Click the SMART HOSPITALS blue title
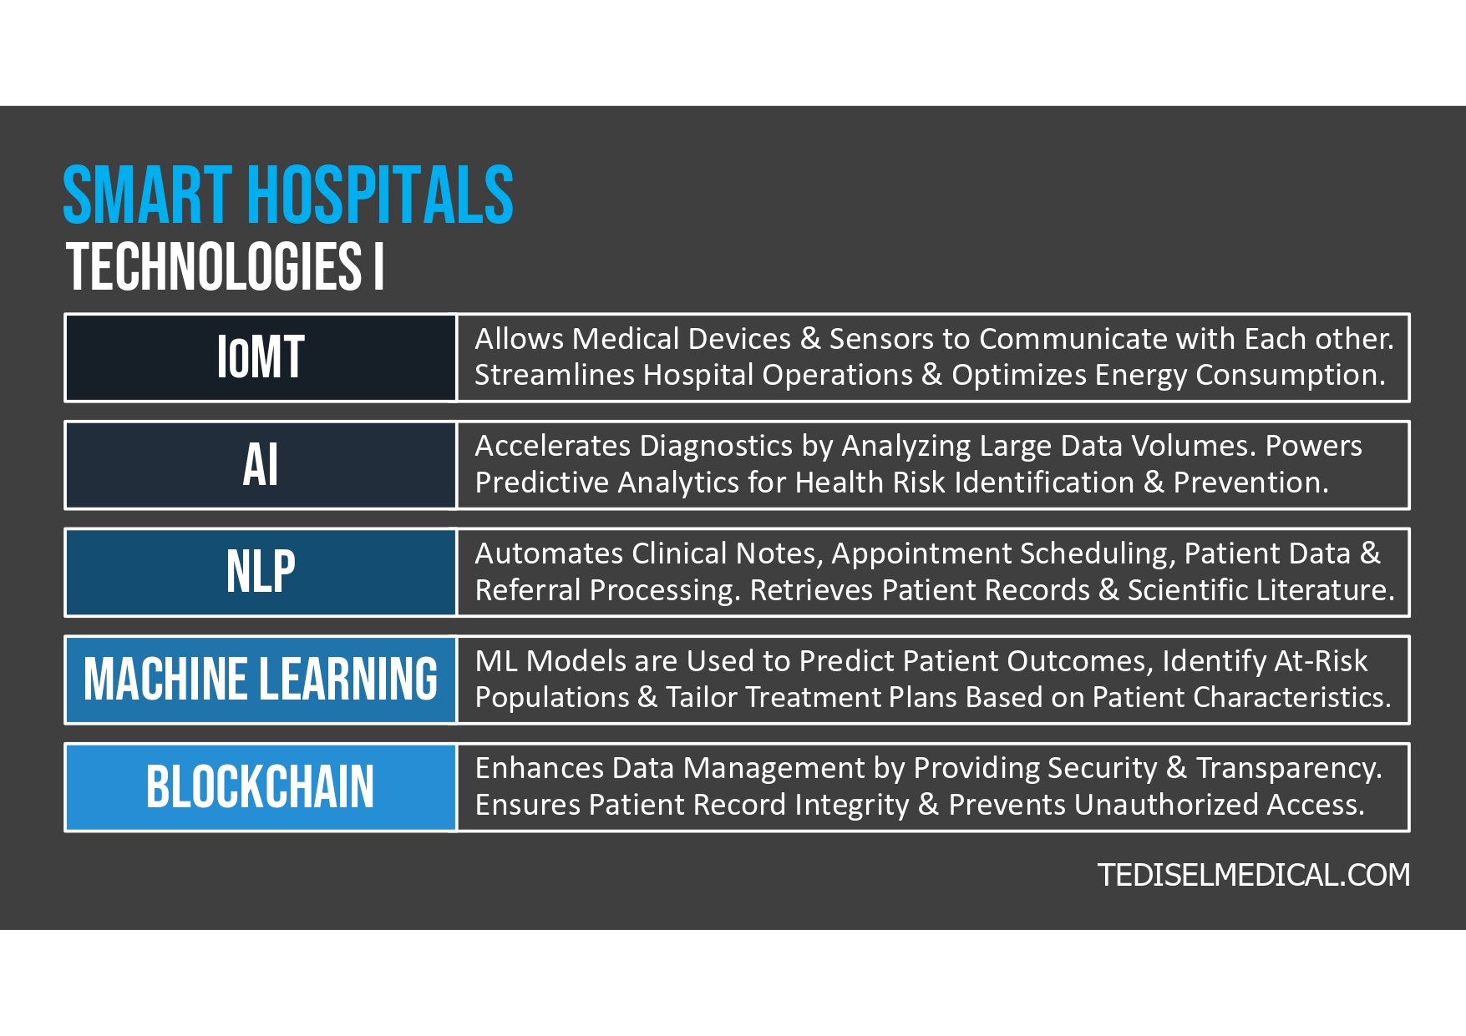point(288,195)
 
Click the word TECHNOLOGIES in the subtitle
point(214,267)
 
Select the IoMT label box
point(261,357)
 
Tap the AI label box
point(261,465)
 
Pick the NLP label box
point(261,572)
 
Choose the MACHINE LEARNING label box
point(261,679)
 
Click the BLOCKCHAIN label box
point(261,786)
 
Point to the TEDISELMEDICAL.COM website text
point(1253,875)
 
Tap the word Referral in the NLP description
point(527,590)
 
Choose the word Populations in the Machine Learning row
point(551,698)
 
